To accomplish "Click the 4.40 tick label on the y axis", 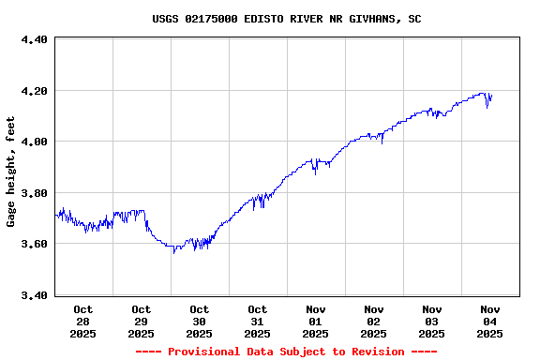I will (x=34, y=40).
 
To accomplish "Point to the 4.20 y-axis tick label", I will (x=34, y=91).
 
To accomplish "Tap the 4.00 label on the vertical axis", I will (x=34, y=142).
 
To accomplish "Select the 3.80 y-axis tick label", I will (x=34, y=193).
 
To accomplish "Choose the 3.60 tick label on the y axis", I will (x=34, y=244).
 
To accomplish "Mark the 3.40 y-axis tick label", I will (x=34, y=295).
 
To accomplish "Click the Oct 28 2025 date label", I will (x=83, y=321).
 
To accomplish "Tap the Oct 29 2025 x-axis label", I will (x=142, y=321).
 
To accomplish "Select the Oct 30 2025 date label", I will (x=200, y=321).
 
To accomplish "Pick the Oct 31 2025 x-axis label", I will (x=258, y=321).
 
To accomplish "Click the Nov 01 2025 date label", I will (x=316, y=321).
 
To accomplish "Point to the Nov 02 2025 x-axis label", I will (x=374, y=321).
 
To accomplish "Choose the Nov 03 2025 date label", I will (x=432, y=321).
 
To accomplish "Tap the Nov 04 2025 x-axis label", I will (x=490, y=321).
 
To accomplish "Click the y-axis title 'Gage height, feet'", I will (x=11, y=172).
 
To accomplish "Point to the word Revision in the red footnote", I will (x=373, y=352).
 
